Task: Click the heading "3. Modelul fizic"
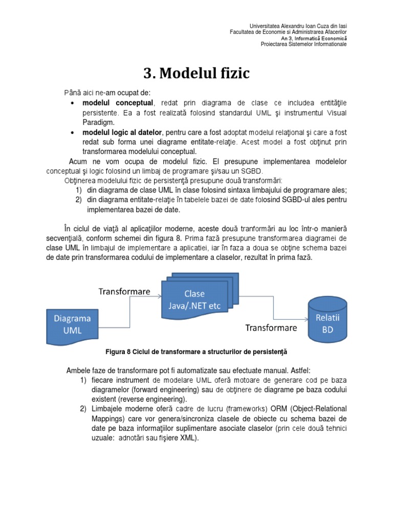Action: [x=196, y=74]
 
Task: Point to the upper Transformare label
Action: [x=124, y=291]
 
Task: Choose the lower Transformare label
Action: [x=271, y=327]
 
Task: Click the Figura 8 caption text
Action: [x=196, y=352]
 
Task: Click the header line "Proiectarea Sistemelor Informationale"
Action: [x=303, y=45]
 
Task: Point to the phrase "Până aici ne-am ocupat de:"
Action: [x=107, y=93]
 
